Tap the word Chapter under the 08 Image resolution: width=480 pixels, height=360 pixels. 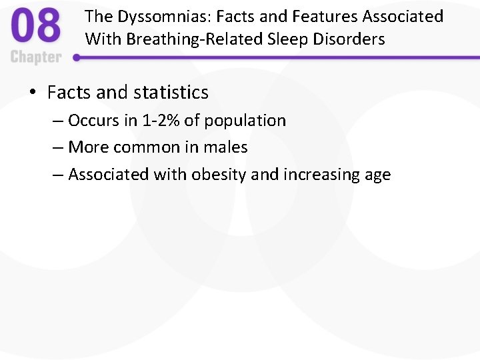[x=36, y=57]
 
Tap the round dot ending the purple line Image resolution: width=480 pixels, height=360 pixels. [x=77, y=58]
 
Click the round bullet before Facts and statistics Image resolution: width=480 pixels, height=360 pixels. [x=33, y=93]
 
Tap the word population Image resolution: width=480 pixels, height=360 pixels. [x=245, y=121]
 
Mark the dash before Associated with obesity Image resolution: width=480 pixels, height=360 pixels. [x=58, y=175]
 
